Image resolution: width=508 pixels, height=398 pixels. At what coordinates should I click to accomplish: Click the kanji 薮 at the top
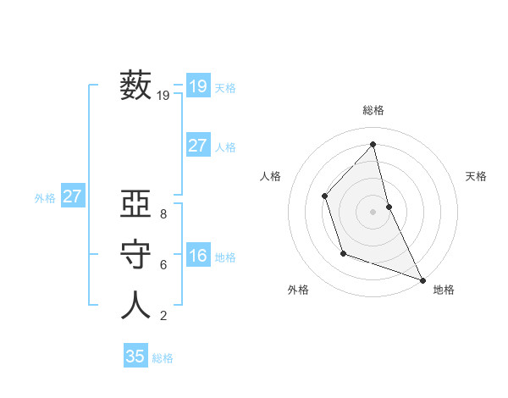pyautogui.click(x=135, y=86)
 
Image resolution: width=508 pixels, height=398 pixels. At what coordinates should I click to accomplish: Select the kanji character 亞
pyautogui.click(x=135, y=205)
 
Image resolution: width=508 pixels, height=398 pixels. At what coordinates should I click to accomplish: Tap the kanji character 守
pyautogui.click(x=135, y=255)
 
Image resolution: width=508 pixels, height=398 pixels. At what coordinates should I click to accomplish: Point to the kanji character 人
pyautogui.click(x=135, y=305)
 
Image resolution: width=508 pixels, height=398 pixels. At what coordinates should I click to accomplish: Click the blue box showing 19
pyautogui.click(x=197, y=86)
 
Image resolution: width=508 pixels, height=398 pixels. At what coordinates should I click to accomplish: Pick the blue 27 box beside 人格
pyautogui.click(x=197, y=146)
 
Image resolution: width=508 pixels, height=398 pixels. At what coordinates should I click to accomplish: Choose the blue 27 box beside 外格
pyautogui.click(x=72, y=196)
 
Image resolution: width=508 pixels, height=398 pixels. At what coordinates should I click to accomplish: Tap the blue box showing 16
pyautogui.click(x=197, y=256)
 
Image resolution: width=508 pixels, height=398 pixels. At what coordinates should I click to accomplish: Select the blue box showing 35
pyautogui.click(x=135, y=357)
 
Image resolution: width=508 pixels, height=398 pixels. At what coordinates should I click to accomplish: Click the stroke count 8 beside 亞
pyautogui.click(x=163, y=215)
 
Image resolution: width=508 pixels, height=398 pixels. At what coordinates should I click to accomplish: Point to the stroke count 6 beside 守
pyautogui.click(x=163, y=265)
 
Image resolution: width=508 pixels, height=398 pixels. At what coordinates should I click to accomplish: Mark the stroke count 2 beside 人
pyautogui.click(x=163, y=316)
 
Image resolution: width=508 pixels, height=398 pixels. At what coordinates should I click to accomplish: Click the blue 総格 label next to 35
pyautogui.click(x=163, y=358)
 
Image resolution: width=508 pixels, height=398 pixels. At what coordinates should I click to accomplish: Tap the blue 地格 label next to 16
pyautogui.click(x=225, y=257)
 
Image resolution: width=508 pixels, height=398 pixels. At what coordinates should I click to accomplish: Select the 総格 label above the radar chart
pyautogui.click(x=373, y=110)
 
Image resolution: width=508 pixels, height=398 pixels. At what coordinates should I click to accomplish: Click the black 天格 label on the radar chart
pyautogui.click(x=476, y=176)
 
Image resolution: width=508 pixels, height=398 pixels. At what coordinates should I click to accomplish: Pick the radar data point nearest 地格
pyautogui.click(x=422, y=279)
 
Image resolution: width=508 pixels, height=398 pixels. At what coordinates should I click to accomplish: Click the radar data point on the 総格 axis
pyautogui.click(x=373, y=145)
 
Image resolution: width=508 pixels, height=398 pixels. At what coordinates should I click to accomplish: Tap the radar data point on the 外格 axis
pyautogui.click(x=342, y=253)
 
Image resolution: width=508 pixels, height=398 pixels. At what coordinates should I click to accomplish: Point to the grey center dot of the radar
pyautogui.click(x=373, y=211)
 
